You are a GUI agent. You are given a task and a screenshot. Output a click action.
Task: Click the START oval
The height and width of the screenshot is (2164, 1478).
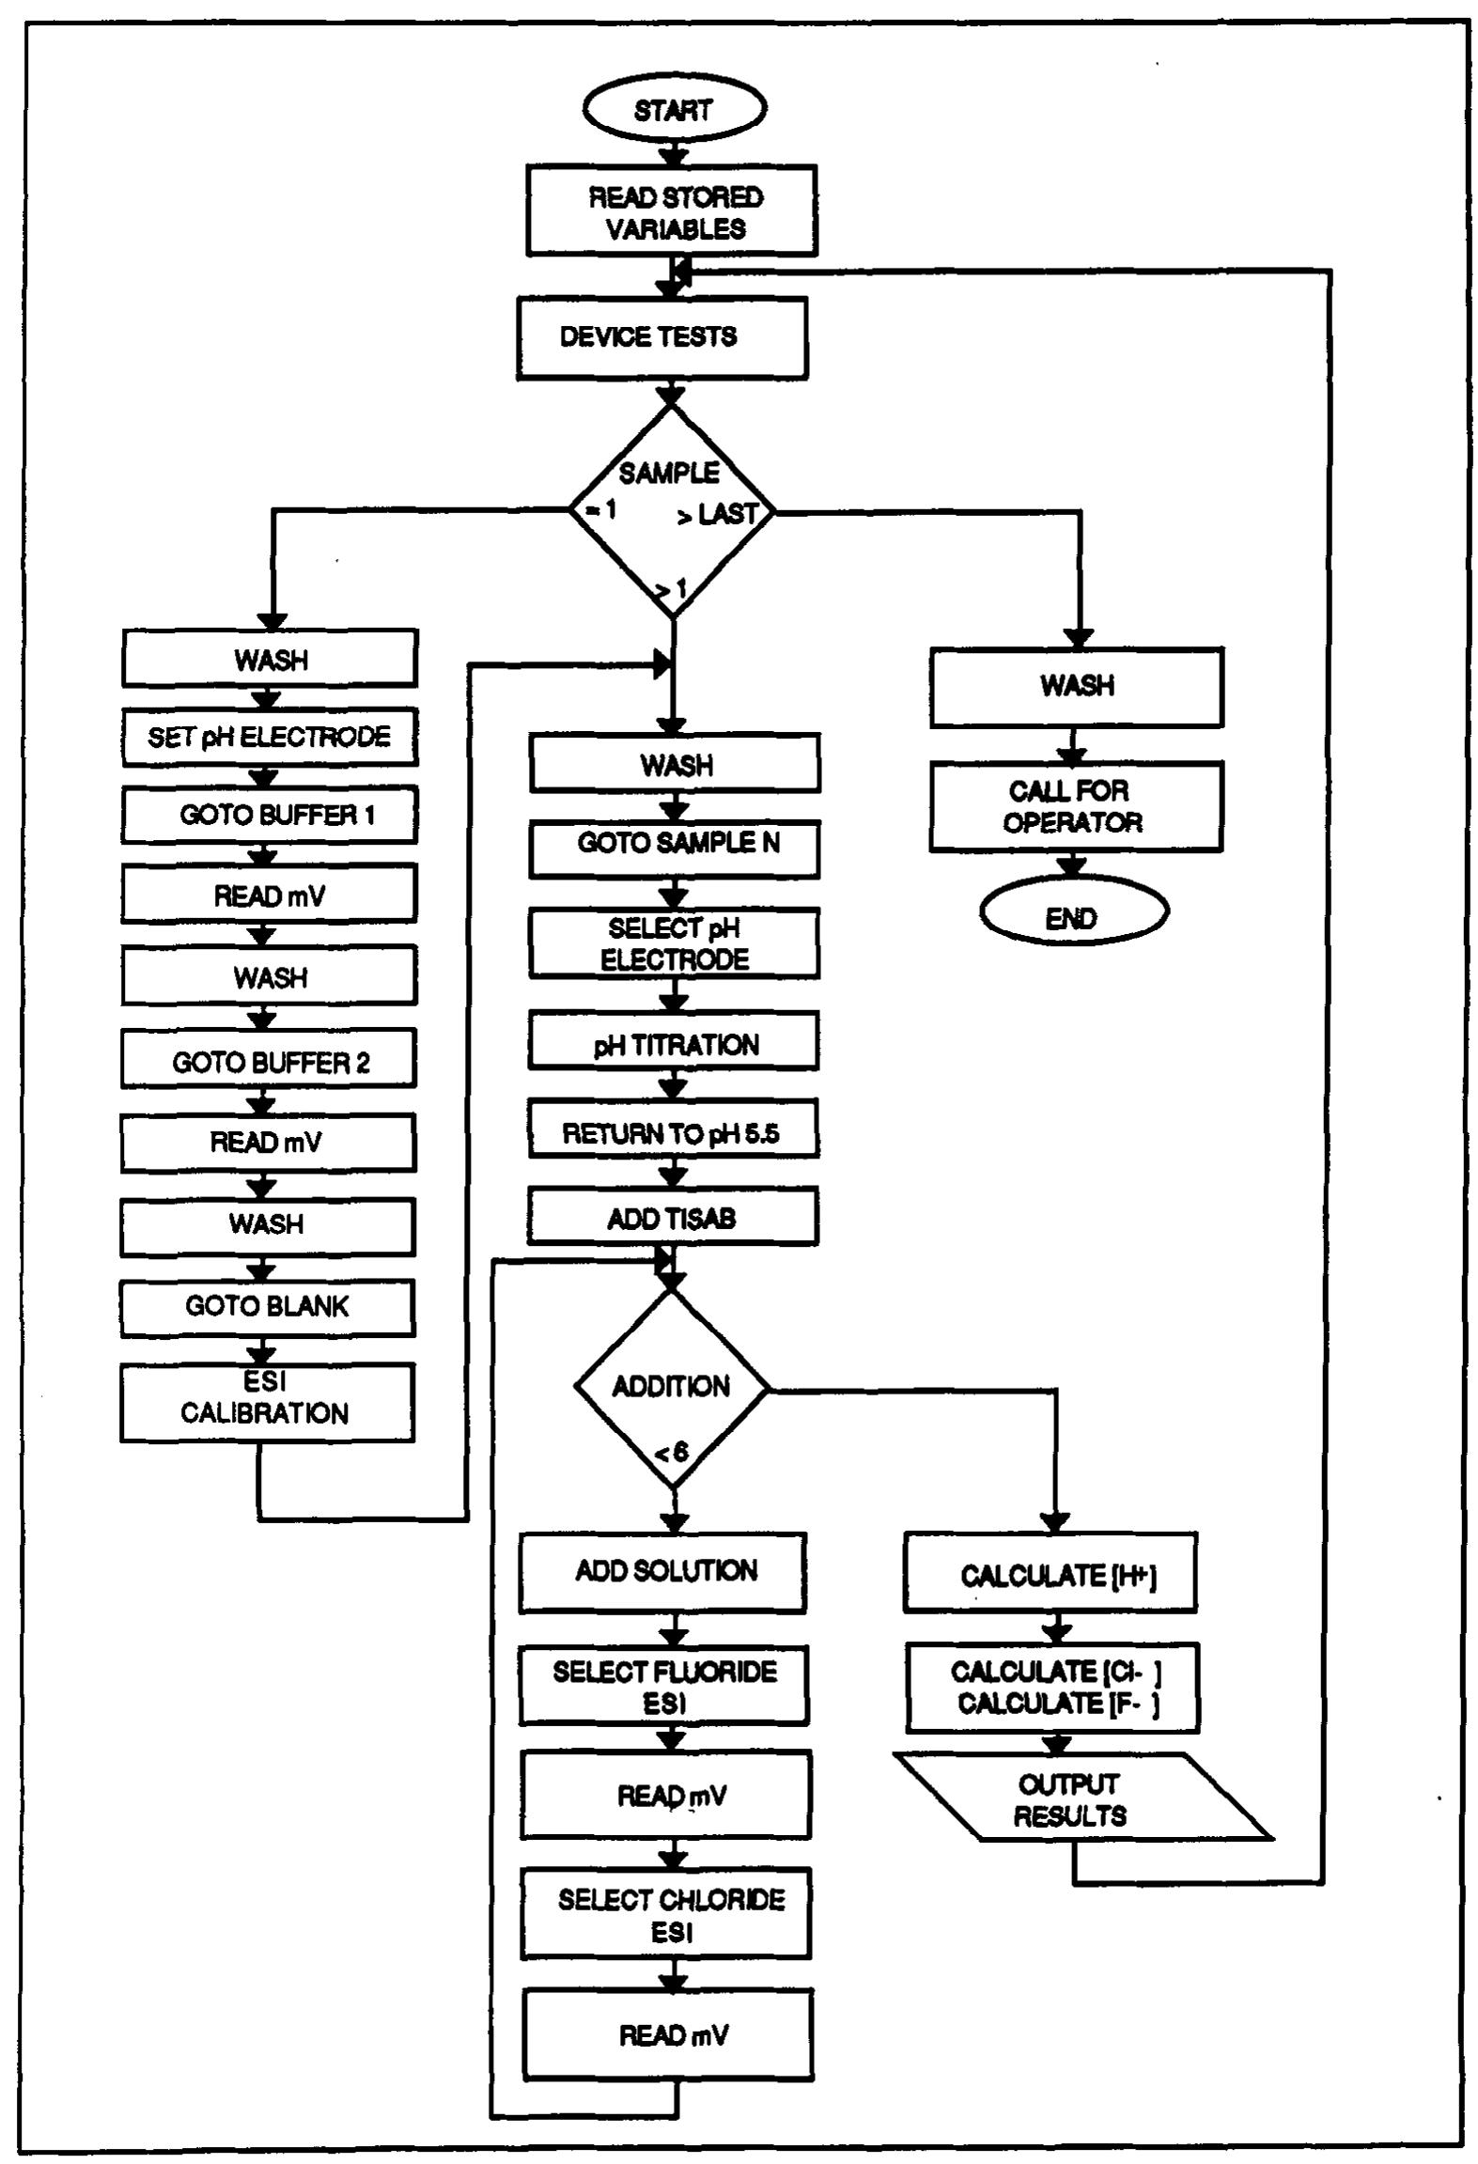[674, 109]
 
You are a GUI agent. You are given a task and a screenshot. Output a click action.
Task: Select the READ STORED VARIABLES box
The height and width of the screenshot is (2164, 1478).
[671, 211]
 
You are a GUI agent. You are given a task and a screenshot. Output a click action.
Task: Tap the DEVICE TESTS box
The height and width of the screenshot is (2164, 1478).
[661, 337]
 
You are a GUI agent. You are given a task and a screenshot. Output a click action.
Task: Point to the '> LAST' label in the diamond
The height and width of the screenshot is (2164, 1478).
[719, 514]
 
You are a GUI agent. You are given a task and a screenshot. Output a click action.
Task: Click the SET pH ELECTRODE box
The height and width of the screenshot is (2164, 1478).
[269, 737]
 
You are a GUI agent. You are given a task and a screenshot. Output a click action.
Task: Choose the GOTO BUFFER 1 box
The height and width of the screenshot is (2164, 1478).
[269, 815]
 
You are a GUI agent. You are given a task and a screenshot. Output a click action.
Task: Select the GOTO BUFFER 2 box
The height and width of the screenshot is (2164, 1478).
[269, 1062]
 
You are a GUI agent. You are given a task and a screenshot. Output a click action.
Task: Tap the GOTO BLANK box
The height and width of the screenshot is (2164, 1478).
[267, 1306]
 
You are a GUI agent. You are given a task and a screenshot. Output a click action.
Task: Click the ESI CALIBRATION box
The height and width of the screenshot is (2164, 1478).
[266, 1400]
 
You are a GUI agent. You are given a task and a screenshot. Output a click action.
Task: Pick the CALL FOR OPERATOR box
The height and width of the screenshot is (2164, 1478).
[1075, 806]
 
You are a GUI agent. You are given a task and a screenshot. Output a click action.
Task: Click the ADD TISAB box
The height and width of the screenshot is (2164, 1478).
[672, 1218]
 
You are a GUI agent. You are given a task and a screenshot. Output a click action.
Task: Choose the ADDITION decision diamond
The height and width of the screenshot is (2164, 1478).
[672, 1388]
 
